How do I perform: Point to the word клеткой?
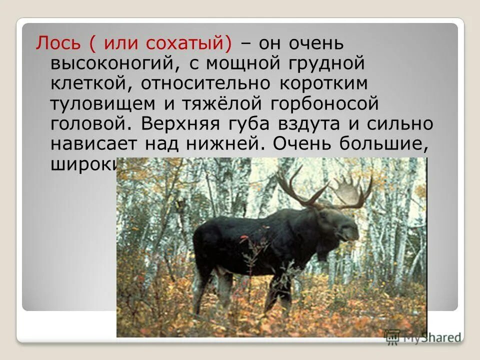click(88, 83)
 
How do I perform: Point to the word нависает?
click(94, 144)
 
